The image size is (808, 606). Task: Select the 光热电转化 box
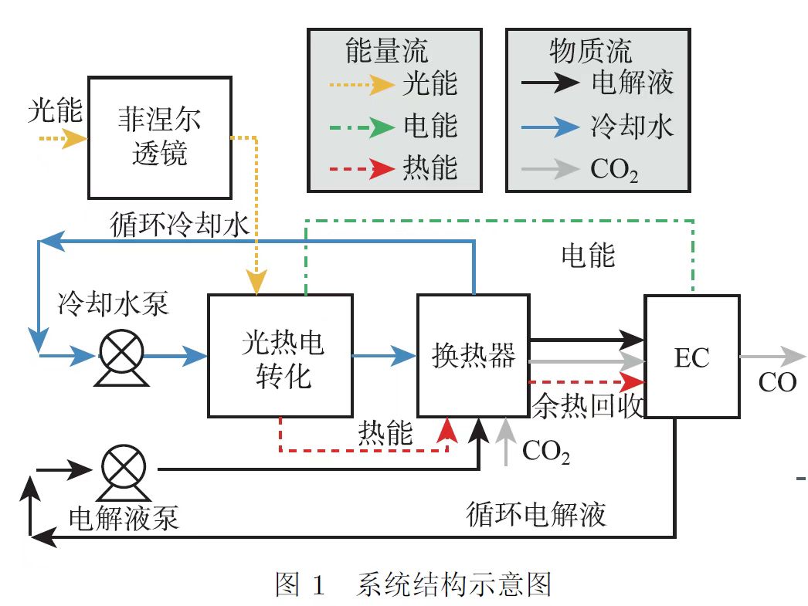(280, 355)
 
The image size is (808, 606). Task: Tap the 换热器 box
(473, 355)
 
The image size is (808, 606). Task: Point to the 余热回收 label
(587, 405)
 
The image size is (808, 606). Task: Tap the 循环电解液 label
(536, 513)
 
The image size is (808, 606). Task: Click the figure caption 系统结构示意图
(453, 584)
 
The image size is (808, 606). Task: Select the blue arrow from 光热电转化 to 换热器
(385, 356)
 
